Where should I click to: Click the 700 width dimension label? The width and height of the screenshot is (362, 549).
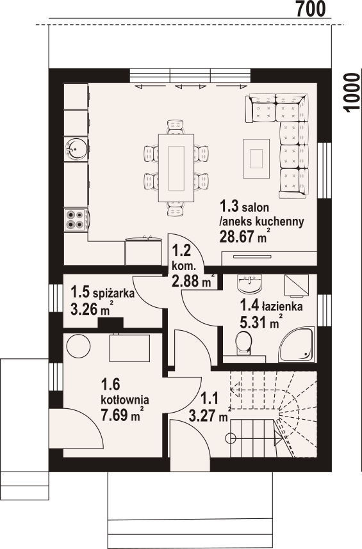point(311,9)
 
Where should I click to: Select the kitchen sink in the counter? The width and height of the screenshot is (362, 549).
point(75,149)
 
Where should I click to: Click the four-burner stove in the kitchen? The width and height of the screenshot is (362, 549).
point(76,219)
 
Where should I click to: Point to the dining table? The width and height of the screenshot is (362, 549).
point(176,168)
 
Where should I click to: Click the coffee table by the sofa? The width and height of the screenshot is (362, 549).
point(256,158)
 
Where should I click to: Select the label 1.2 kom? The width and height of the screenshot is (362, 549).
point(183,258)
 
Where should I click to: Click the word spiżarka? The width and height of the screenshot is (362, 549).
point(114,293)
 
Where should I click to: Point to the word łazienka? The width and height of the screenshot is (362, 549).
point(282,306)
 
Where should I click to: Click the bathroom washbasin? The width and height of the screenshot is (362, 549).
point(249,283)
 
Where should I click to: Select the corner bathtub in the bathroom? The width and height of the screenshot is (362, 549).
point(296,344)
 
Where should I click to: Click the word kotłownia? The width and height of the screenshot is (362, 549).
point(125,399)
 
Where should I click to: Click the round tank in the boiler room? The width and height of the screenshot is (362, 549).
point(79,346)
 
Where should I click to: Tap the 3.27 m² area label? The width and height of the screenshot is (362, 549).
point(210,416)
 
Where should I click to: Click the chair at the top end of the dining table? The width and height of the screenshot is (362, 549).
point(176,127)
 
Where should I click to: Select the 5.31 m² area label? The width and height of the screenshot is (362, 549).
point(261,321)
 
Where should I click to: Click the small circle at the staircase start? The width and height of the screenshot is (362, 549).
point(231,438)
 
